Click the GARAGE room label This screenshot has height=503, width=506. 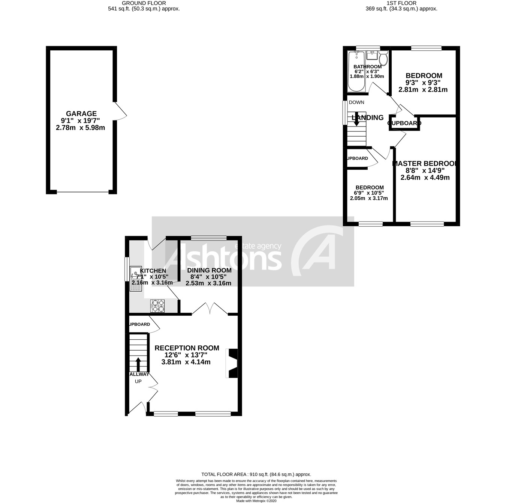pos(81,113)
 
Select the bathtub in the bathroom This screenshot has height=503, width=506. pos(355,71)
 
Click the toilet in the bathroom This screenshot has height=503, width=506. pos(383,59)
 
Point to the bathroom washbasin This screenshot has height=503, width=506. pos(371,56)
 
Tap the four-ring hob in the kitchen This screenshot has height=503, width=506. pos(158,306)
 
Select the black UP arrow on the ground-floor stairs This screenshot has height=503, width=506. pos(138,364)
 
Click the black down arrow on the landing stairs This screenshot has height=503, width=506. pos(356,119)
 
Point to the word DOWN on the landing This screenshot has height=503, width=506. pos(356,102)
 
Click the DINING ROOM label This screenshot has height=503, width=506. pos(209,270)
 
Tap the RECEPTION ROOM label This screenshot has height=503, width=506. pos(187,348)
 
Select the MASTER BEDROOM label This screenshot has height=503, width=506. pos(425,163)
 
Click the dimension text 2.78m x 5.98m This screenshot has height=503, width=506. pos(80,128)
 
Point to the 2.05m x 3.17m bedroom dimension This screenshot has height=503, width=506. pos(369,198)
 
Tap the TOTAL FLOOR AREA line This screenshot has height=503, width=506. pos(256,474)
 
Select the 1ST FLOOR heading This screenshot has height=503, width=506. pos(401,3)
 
